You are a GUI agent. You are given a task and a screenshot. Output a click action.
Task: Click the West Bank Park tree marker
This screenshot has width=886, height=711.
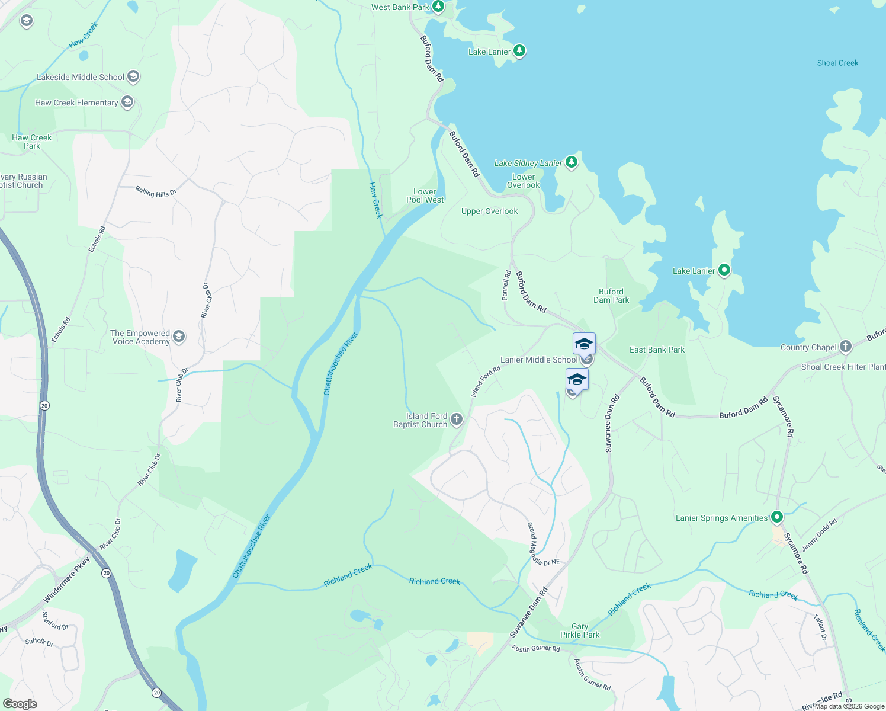[438, 7]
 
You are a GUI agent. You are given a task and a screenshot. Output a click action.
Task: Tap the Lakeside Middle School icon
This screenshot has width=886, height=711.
[133, 77]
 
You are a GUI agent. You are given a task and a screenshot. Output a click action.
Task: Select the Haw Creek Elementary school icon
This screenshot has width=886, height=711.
[127, 103]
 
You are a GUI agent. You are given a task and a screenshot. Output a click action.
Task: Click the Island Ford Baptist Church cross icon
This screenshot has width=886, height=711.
[456, 420]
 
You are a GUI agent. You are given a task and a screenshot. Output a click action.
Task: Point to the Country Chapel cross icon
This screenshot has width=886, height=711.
[846, 347]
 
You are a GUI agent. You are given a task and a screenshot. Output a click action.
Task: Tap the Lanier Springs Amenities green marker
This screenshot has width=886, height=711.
[777, 517]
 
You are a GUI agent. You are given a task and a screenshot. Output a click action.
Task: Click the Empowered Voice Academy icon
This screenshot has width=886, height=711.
[179, 337]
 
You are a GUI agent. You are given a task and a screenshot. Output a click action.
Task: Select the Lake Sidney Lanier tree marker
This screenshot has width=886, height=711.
[571, 162]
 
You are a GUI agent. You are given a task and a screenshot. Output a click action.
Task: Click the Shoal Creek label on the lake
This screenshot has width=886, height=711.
[837, 63]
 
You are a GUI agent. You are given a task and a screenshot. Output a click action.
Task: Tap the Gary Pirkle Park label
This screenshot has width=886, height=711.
[580, 630]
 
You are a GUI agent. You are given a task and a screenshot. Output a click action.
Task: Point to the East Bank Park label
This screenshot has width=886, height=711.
[657, 350]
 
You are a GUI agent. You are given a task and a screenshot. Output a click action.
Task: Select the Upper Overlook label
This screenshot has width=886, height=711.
[489, 211]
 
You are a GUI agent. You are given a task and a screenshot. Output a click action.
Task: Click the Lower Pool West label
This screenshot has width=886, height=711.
[425, 196]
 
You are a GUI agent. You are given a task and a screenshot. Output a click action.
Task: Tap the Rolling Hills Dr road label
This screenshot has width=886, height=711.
[156, 192]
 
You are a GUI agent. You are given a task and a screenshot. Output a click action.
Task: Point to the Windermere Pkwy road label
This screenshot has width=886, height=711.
[66, 579]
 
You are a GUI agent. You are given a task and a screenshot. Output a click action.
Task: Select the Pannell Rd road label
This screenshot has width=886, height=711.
[506, 286]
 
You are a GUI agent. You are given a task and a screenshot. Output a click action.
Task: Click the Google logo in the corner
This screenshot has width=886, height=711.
[20, 703]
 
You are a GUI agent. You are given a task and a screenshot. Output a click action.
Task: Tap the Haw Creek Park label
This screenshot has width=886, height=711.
[32, 142]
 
